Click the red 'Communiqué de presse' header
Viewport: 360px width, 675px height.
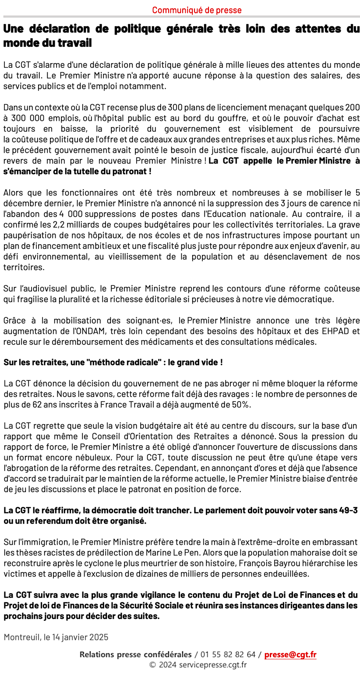pos(197,10)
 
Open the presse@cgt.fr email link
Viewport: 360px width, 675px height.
pos(290,655)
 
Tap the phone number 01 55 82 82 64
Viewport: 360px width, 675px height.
pos(228,655)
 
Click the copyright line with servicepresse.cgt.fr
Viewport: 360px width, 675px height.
pos(198,665)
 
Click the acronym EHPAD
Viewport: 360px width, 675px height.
pos(337,330)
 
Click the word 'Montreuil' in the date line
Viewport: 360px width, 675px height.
pos(21,636)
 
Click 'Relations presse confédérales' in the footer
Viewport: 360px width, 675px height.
pos(135,655)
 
